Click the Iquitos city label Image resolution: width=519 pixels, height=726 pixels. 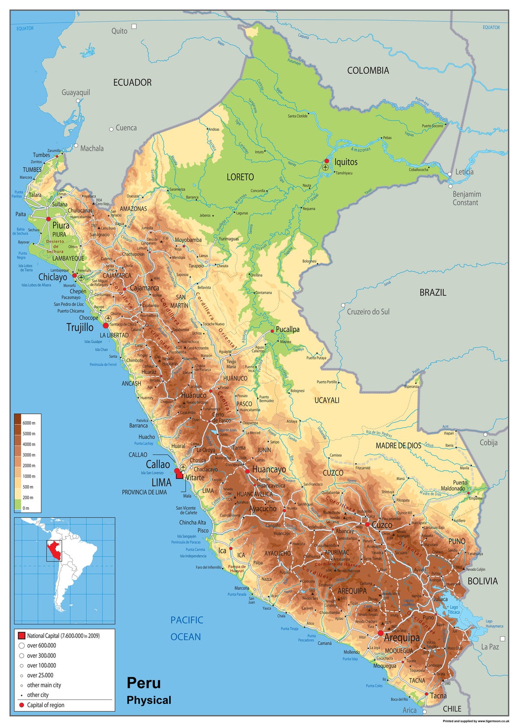coord(346,162)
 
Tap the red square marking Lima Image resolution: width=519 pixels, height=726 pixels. coord(179,475)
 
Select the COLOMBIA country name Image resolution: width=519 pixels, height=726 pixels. coord(368,70)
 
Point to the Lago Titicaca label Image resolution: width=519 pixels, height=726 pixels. coord(454,610)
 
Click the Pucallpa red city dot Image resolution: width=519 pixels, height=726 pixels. coord(272,331)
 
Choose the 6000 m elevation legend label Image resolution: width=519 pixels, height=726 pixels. coord(29,423)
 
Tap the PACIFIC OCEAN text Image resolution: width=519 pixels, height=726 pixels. coord(186,628)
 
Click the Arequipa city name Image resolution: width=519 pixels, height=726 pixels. coord(402,637)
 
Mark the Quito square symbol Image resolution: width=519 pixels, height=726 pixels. coord(134,26)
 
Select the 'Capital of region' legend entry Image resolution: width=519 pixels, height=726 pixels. coord(45,705)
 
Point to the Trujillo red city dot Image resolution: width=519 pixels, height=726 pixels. coord(106,325)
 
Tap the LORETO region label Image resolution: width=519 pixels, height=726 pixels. coord(240,177)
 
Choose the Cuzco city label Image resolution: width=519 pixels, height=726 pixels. coord(382,525)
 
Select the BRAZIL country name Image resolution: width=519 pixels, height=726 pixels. coord(432,293)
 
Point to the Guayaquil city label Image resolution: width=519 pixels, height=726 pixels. coord(76,93)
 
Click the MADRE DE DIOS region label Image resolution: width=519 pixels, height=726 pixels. coord(398,446)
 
